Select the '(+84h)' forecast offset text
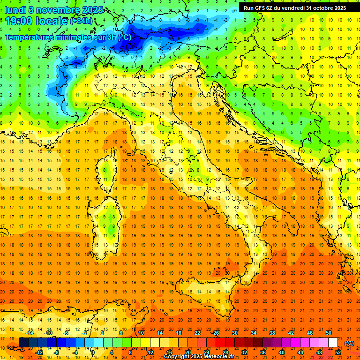pos(81,21)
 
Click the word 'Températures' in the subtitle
pos(30,37)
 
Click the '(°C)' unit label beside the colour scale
pos(349,343)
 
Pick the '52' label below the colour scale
pos(337,352)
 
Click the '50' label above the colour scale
pos(328,333)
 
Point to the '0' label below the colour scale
pos(93,352)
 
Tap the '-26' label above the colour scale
pos(215,333)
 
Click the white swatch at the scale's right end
pos(333,343)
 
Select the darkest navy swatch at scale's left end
pos(23,343)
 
